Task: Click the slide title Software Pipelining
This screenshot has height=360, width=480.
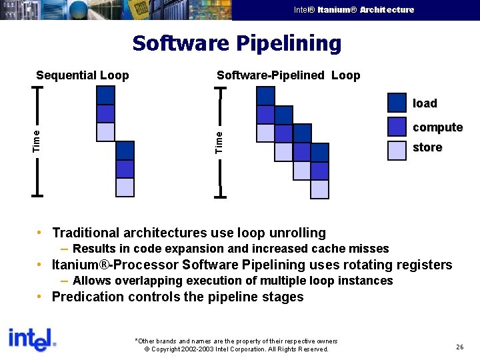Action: (237, 43)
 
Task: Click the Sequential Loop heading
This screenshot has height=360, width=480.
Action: (82, 75)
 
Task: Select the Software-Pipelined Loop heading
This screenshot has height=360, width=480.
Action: (288, 75)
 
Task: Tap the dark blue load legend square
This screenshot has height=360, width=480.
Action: (397, 102)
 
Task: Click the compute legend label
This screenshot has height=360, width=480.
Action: (437, 127)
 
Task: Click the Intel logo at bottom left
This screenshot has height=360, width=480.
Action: (31, 339)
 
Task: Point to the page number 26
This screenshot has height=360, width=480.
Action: (459, 347)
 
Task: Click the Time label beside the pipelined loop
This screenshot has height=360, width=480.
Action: (219, 141)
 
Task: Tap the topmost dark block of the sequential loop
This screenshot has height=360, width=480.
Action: (105, 95)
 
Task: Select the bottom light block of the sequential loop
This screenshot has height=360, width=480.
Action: (125, 187)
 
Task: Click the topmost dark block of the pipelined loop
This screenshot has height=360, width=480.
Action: (265, 96)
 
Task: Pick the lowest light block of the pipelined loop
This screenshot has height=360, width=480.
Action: (320, 189)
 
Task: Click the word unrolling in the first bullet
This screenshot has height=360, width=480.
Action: (297, 233)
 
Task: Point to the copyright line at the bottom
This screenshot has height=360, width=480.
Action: (237, 349)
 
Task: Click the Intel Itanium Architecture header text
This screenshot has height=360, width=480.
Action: (353, 9)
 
